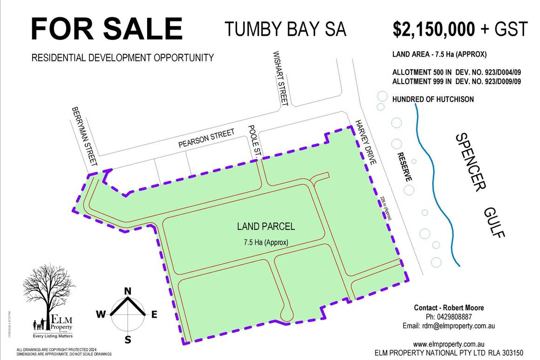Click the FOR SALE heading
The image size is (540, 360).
(x=107, y=28)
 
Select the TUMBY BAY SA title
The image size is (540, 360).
(x=285, y=29)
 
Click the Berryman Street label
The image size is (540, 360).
(x=84, y=136)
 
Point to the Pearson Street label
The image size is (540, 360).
(x=207, y=139)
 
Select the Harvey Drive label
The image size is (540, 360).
(x=368, y=142)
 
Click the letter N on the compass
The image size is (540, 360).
(x=127, y=292)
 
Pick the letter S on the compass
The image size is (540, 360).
(x=128, y=340)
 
